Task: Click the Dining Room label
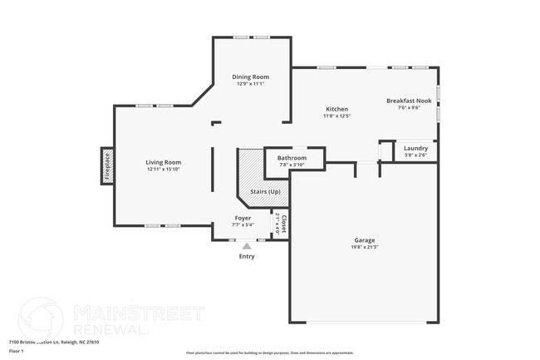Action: coord(250,76)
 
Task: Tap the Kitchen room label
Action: coord(336,109)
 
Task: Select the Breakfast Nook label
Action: coord(409,101)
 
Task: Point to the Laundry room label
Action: coord(415,148)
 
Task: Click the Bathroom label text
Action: coord(292,158)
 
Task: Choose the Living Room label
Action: coord(164,162)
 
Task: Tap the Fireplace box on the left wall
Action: coord(106,165)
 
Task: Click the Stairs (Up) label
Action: coord(265,192)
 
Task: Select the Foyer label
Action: coord(243,217)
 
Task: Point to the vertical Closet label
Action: coord(283,224)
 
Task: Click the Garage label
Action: coord(364,240)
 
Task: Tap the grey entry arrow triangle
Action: coord(246,245)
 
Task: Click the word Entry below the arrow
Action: coord(247,256)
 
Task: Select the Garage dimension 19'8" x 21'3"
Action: coord(364,248)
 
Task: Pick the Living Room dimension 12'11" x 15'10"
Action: coord(164,170)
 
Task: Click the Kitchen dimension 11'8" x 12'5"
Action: coord(336,116)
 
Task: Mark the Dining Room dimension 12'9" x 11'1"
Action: coord(250,84)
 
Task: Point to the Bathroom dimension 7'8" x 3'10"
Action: coord(292,165)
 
